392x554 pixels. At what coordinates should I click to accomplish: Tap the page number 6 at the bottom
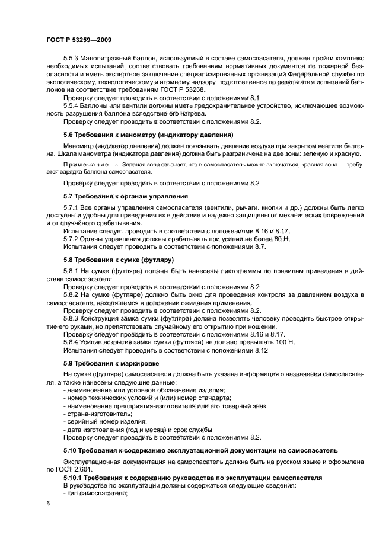click(x=48, y=503)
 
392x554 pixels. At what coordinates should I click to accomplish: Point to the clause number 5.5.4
click(x=72, y=105)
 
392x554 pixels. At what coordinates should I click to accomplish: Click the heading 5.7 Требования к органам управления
click(x=126, y=196)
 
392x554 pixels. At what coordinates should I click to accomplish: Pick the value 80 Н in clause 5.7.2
click(x=258, y=238)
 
